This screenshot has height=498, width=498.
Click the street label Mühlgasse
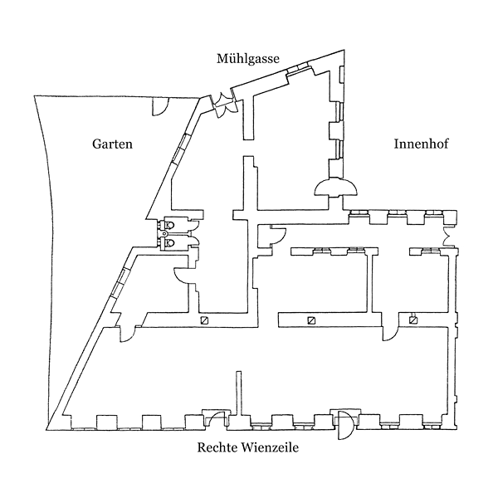tap(247, 58)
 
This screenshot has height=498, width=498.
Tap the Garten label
tap(111, 144)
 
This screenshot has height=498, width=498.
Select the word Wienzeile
tap(270, 449)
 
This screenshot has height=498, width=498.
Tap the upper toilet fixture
tap(169, 225)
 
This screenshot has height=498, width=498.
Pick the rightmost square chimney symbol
tap(413, 320)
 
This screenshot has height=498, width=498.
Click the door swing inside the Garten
tap(159, 106)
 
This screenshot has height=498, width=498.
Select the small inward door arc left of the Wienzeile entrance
tap(214, 417)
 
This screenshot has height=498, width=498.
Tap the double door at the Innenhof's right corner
tap(449, 237)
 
